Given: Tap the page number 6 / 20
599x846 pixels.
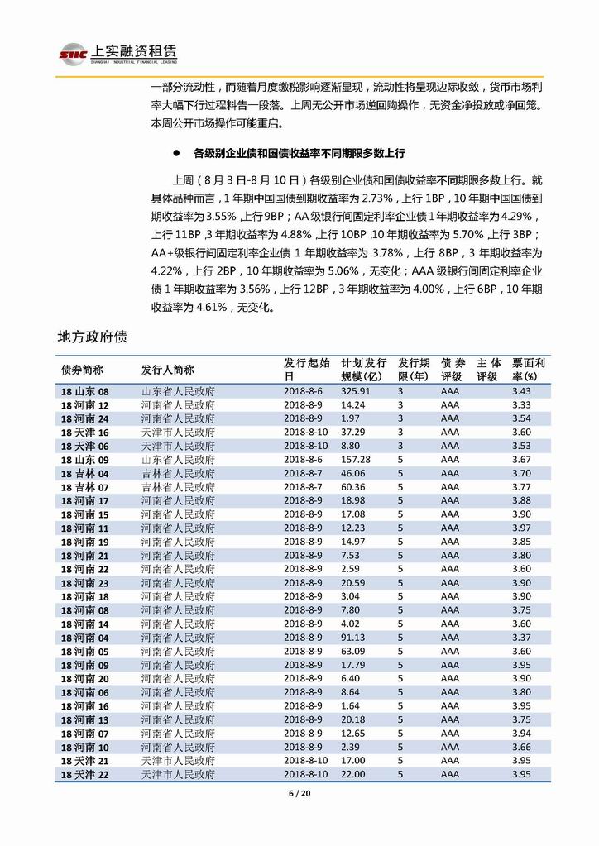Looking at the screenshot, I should click(299, 794).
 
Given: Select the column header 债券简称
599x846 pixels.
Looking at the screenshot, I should click(81, 369).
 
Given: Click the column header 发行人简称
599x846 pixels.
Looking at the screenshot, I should click(167, 369).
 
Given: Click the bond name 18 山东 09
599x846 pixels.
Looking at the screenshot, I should click(84, 460).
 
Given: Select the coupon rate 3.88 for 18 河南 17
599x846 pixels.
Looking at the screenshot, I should click(520, 500).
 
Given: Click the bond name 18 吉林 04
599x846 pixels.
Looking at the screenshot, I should click(84, 473).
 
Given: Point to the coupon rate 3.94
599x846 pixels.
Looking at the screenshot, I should click(520, 734).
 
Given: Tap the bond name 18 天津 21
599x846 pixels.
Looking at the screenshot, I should click(84, 761).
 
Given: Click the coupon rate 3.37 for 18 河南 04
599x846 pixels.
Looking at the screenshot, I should click(520, 638).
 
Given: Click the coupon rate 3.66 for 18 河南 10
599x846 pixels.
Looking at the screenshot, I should click(520, 747).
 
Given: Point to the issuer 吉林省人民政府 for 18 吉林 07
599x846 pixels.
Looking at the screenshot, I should click(178, 487).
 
